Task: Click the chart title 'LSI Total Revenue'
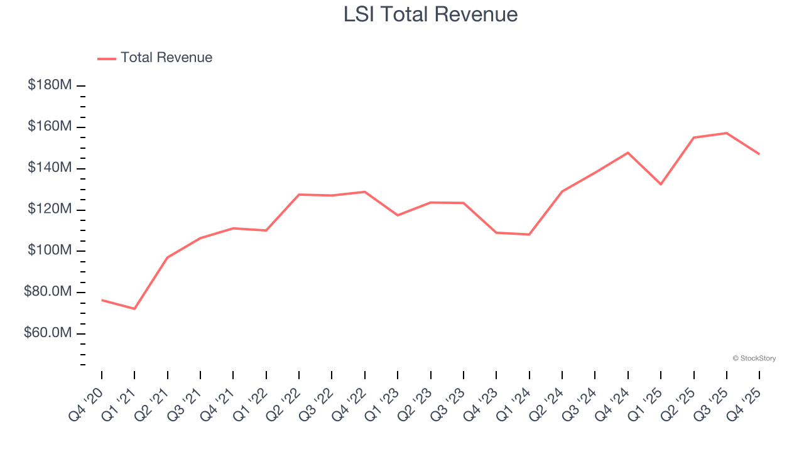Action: click(430, 14)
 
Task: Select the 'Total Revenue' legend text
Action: click(166, 58)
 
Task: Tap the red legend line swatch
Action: click(107, 58)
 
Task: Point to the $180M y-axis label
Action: click(50, 85)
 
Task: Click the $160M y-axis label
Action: click(50, 127)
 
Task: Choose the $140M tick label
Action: click(50, 168)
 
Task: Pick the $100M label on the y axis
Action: click(50, 250)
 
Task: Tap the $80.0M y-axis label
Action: click(48, 292)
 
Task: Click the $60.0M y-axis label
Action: click(48, 333)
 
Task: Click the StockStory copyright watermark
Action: click(754, 358)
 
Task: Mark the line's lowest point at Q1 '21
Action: click(134, 309)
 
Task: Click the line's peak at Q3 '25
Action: click(727, 133)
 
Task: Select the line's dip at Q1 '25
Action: click(661, 184)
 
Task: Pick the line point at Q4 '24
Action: click(628, 153)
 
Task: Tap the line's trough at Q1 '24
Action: click(529, 234)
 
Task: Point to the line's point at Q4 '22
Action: click(365, 191)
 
